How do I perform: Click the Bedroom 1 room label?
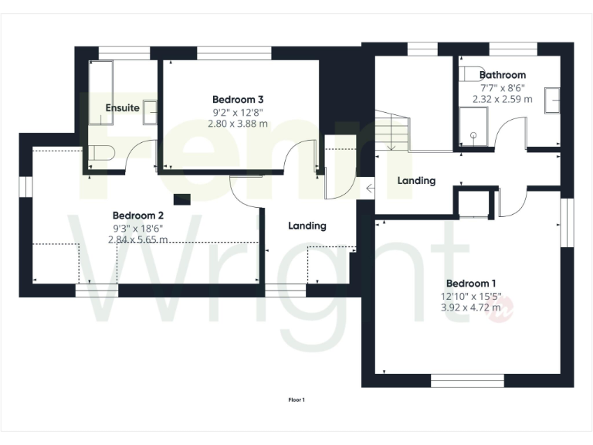tap(471, 282)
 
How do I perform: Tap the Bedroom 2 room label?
tap(137, 215)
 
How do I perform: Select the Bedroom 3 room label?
tap(238, 99)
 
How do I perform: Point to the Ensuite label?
tap(122, 107)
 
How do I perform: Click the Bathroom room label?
tap(503, 75)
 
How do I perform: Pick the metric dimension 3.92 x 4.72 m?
tap(471, 307)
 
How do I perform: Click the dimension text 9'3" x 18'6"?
tap(137, 228)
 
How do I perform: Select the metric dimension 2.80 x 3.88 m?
tap(238, 124)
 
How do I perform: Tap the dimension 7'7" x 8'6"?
tap(503, 87)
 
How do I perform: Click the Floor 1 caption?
tap(296, 399)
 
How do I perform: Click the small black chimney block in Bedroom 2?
tap(181, 199)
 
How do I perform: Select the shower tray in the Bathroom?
tap(473, 127)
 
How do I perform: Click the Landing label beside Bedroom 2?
tap(307, 226)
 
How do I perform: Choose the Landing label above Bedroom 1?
tap(417, 180)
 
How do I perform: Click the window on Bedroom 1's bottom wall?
tap(467, 381)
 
